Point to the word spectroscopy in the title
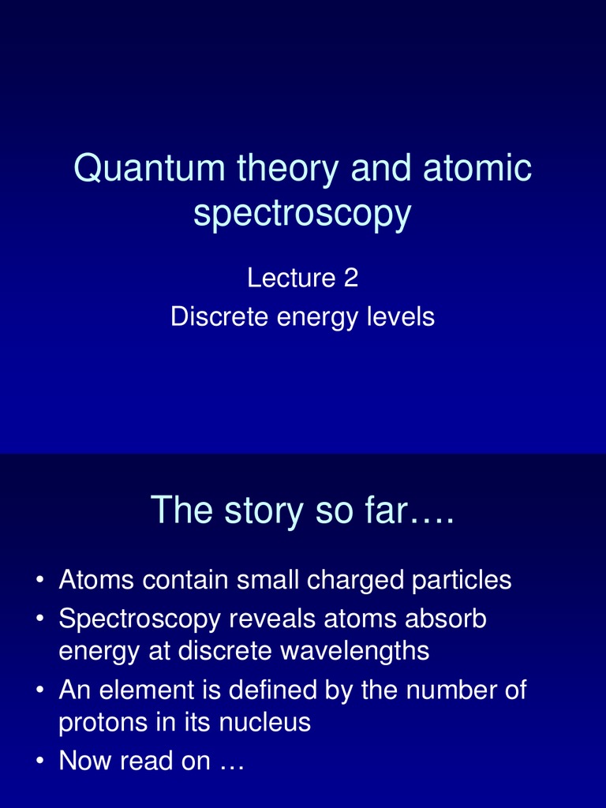tap(302, 215)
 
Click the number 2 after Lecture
tap(350, 278)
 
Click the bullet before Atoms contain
tap(39, 582)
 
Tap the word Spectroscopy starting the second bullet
tap(140, 620)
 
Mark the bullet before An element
tap(39, 691)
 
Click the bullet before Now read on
tap(39, 762)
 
